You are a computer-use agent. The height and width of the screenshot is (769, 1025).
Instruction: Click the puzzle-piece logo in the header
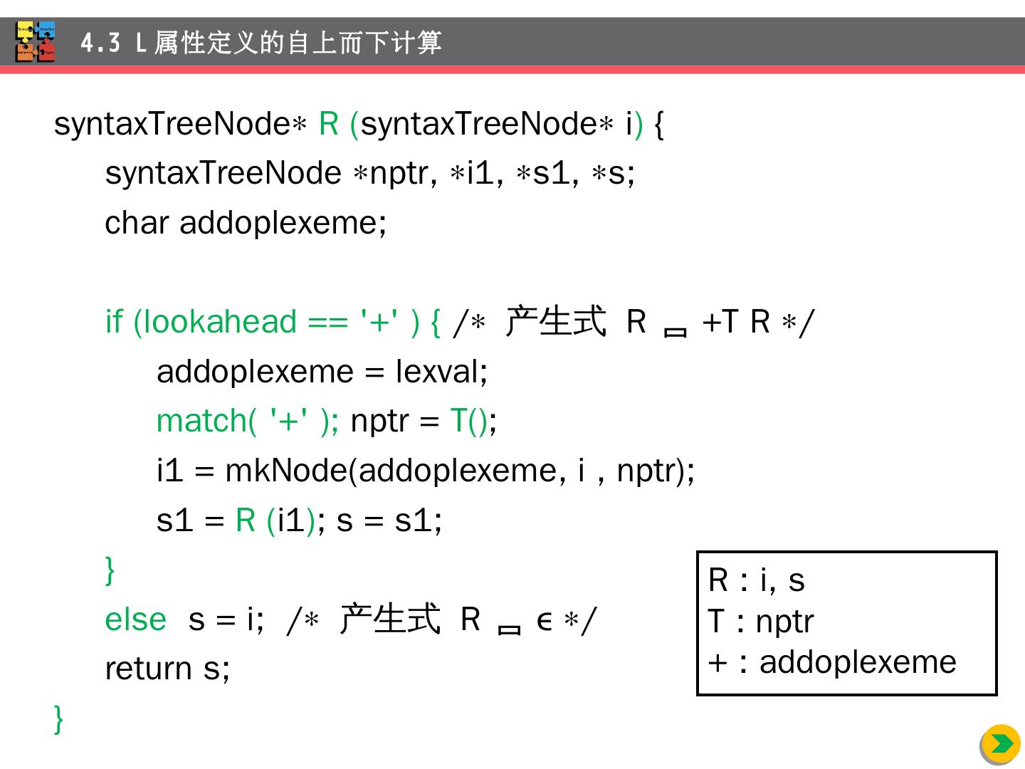pyautogui.click(x=36, y=42)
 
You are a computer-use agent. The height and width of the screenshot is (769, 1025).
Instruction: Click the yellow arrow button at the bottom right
pyautogui.click(x=1001, y=744)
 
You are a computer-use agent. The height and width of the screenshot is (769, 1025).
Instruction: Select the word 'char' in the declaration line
pyautogui.click(x=136, y=223)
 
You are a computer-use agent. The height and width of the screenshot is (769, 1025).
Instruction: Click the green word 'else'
pyautogui.click(x=135, y=619)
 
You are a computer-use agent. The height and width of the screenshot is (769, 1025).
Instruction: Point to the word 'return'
pyautogui.click(x=148, y=669)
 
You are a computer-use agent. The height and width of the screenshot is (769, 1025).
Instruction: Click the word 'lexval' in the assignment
pyautogui.click(x=438, y=372)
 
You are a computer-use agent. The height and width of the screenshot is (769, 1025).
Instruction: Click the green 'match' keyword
pyautogui.click(x=201, y=421)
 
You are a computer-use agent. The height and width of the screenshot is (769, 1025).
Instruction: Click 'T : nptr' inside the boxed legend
pyautogui.click(x=760, y=622)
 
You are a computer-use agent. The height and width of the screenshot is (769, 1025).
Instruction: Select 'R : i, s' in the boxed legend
pyautogui.click(x=756, y=580)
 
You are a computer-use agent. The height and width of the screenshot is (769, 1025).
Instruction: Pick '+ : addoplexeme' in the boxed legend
pyautogui.click(x=832, y=663)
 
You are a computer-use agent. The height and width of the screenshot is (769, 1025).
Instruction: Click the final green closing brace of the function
pyautogui.click(x=58, y=718)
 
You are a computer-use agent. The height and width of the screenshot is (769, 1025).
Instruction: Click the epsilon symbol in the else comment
pyautogui.click(x=545, y=621)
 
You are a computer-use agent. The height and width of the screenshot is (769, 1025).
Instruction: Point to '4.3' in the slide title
pyautogui.click(x=100, y=43)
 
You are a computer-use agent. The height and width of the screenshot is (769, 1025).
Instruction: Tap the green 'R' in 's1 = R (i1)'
pyautogui.click(x=246, y=520)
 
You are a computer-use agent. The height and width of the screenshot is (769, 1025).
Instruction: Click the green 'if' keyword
pyautogui.click(x=114, y=322)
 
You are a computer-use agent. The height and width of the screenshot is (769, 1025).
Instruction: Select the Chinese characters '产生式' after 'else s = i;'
pyautogui.click(x=390, y=618)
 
